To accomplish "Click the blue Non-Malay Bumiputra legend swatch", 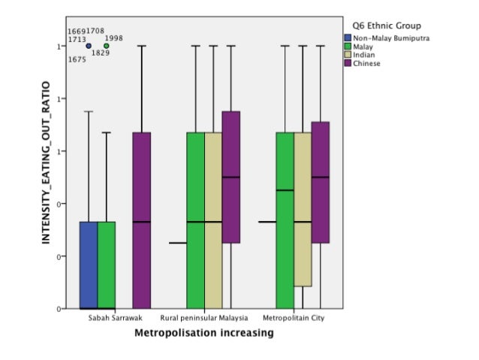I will tap(348, 38).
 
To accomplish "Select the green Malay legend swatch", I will tap(348, 47).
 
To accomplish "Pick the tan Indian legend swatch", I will tap(348, 55).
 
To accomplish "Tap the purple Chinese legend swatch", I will tap(348, 64).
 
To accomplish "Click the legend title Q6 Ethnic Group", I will tap(382, 25).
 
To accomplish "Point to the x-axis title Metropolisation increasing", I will tap(203, 331).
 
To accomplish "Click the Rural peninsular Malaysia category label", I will tap(204, 318).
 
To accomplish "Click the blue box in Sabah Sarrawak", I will tap(89, 265).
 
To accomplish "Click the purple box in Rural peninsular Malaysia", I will tap(231, 177).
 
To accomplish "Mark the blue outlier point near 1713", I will tap(89, 46).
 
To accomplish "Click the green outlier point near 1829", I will tap(107, 46).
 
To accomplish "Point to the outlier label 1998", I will tap(114, 38).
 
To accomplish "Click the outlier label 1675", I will tap(77, 59).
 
